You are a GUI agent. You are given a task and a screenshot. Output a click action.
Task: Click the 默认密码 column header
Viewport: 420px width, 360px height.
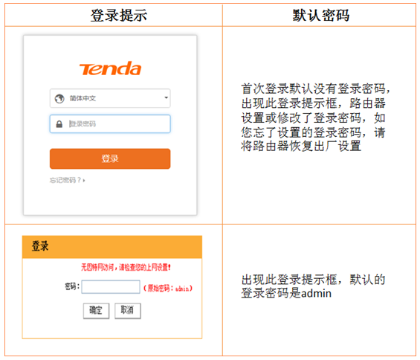[321, 15]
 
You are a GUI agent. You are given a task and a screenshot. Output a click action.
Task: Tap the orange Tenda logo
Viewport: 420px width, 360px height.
[110, 69]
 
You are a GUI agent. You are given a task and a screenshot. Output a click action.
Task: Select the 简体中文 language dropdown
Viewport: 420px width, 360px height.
[110, 97]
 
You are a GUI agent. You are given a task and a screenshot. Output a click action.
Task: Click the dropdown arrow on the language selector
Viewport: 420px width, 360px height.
[166, 97]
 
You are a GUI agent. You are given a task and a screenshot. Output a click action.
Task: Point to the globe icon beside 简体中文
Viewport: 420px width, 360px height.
[59, 97]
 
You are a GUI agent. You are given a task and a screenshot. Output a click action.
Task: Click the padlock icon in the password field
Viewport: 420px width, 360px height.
[59, 124]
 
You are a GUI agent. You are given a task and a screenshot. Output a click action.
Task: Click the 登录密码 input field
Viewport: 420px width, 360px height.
[115, 124]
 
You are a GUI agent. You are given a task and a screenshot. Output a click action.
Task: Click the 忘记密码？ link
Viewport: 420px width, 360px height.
[67, 180]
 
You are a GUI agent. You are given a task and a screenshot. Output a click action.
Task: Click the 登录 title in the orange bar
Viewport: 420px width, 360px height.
[41, 246]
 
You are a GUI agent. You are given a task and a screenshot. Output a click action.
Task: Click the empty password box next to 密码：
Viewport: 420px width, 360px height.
[110, 286]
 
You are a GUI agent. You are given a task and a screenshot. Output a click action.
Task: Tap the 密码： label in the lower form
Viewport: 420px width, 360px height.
[71, 286]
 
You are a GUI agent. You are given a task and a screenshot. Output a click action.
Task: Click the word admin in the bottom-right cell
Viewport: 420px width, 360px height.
[315, 293]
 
